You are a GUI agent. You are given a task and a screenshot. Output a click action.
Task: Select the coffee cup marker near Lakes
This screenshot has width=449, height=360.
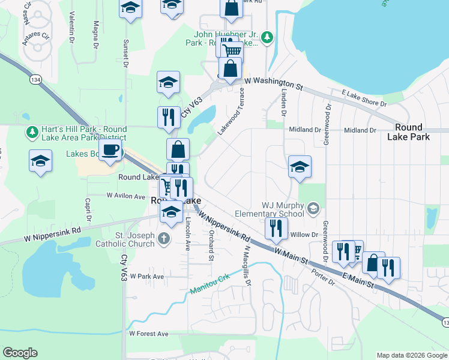point(110,150)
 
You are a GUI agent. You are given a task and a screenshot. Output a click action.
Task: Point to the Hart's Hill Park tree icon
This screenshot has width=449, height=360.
point(30,130)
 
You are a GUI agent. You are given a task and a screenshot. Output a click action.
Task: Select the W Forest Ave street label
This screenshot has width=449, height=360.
point(148,333)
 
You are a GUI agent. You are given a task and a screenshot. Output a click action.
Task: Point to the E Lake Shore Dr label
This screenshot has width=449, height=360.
point(364,98)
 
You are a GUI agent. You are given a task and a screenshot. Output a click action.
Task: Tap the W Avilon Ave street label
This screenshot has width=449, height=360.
point(126,196)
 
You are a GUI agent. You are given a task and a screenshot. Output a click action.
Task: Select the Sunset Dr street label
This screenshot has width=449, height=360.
point(126,53)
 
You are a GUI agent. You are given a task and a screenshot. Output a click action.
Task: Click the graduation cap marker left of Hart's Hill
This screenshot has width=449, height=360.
point(40,161)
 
